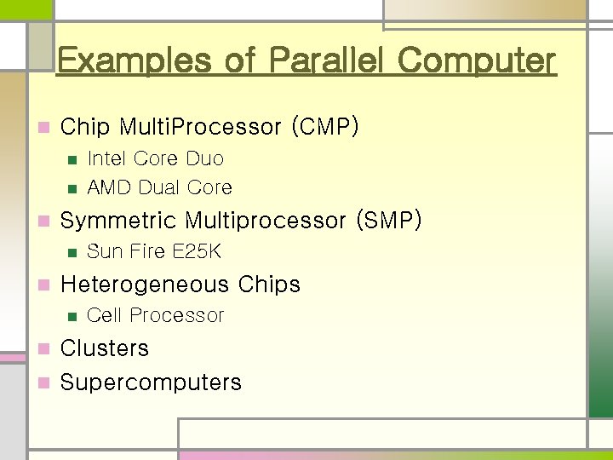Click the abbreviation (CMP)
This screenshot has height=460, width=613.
325,128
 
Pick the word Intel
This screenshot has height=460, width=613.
106,158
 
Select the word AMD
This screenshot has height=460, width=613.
108,187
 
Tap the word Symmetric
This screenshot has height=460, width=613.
118,221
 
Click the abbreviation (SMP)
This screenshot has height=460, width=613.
385,221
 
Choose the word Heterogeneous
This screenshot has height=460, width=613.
146,285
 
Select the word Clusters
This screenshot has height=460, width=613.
105,348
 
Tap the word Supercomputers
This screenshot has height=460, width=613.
151,382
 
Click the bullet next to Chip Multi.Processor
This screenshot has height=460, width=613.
43,129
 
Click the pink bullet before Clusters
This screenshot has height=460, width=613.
43,349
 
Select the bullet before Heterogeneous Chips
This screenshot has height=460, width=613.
43,285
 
